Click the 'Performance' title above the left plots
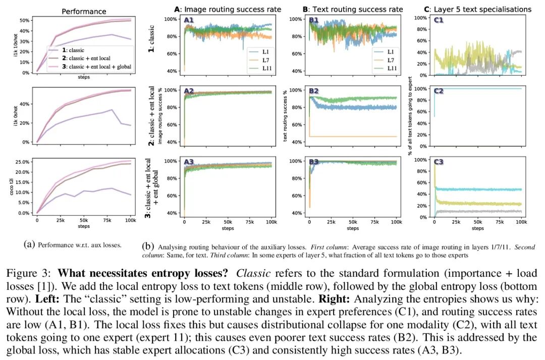84,11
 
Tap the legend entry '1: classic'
70,50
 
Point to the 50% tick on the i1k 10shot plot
23,20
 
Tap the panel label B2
314,91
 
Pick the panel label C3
439,162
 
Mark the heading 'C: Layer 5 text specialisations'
477,9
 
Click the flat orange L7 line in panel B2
353,136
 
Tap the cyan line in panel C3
479,189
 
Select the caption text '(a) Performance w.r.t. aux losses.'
73,245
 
